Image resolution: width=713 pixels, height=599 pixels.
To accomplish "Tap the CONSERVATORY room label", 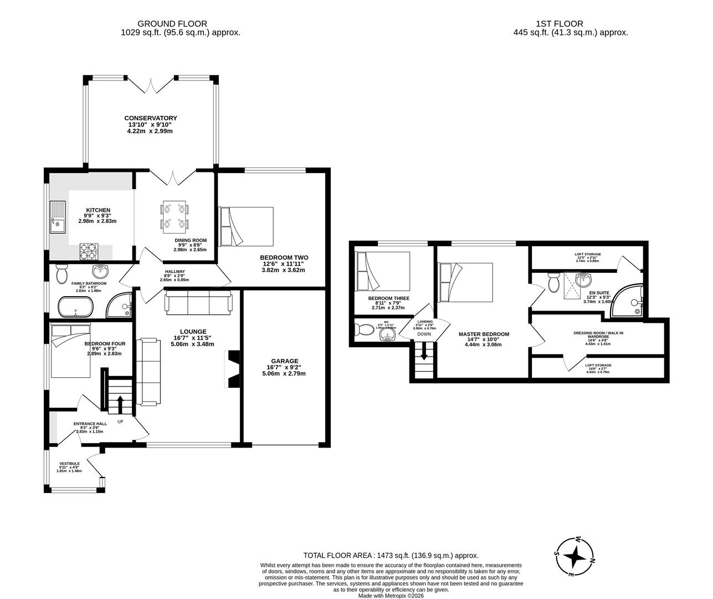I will click(x=150, y=118).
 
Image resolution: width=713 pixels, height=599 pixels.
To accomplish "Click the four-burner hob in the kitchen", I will click(x=89, y=251).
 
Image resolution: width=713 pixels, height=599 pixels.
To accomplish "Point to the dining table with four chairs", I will click(x=175, y=217).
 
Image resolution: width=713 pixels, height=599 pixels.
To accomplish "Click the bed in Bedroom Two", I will click(x=247, y=226).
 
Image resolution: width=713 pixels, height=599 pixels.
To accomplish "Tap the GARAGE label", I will click(x=284, y=361).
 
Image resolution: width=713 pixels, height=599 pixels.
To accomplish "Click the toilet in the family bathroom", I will click(x=61, y=274).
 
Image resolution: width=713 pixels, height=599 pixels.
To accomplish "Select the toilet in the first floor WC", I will click(x=366, y=330).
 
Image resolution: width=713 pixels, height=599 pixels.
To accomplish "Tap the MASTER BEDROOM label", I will click(x=484, y=334).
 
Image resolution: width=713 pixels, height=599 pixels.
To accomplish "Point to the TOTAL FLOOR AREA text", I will click(x=391, y=555).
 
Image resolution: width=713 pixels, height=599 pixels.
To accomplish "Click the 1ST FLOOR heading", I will click(x=559, y=24).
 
